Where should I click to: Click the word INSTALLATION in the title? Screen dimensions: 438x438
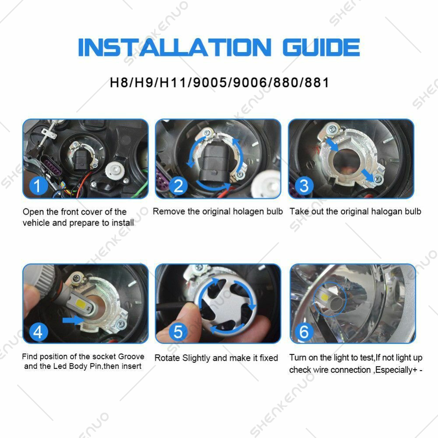click(x=175, y=47)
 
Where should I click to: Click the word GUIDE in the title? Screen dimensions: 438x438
click(x=321, y=47)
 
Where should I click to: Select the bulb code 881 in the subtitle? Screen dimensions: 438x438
click(x=317, y=82)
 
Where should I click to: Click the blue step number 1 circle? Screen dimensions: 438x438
click(x=38, y=186)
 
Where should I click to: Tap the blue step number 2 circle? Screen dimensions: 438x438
click(x=179, y=186)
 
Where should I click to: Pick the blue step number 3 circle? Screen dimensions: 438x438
click(x=304, y=186)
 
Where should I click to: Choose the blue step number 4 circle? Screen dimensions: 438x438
click(x=38, y=332)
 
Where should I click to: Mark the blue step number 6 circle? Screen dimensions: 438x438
click(x=304, y=332)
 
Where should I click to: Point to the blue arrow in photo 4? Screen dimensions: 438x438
click(x=74, y=320)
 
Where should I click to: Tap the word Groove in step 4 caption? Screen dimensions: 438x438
click(x=131, y=357)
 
